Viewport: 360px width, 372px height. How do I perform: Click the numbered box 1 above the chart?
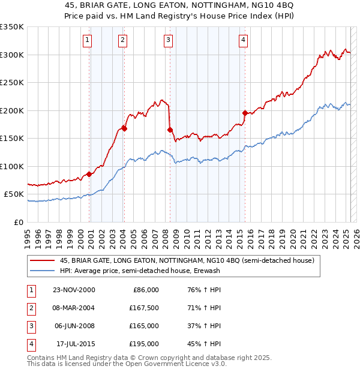pyautogui.click(x=88, y=40)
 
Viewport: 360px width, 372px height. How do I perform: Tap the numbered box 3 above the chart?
pyautogui.click(x=168, y=40)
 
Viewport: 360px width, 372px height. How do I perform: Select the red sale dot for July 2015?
pyautogui.click(x=245, y=113)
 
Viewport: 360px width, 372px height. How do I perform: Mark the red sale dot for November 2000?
pyautogui.click(x=89, y=174)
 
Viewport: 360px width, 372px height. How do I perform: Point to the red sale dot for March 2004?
pyautogui.click(x=124, y=128)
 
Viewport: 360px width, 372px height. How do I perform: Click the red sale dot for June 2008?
pyautogui.click(x=170, y=130)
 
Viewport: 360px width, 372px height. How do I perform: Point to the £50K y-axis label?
pyautogui.click(x=14, y=194)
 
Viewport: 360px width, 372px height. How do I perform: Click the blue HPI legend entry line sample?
pyautogui.click(x=42, y=271)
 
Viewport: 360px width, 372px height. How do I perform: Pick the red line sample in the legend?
pyautogui.click(x=42, y=260)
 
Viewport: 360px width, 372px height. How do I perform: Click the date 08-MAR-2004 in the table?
pyautogui.click(x=74, y=308)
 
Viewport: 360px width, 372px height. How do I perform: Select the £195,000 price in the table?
pyautogui.click(x=145, y=344)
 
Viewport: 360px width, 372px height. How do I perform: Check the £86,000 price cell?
pyautogui.click(x=145, y=290)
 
